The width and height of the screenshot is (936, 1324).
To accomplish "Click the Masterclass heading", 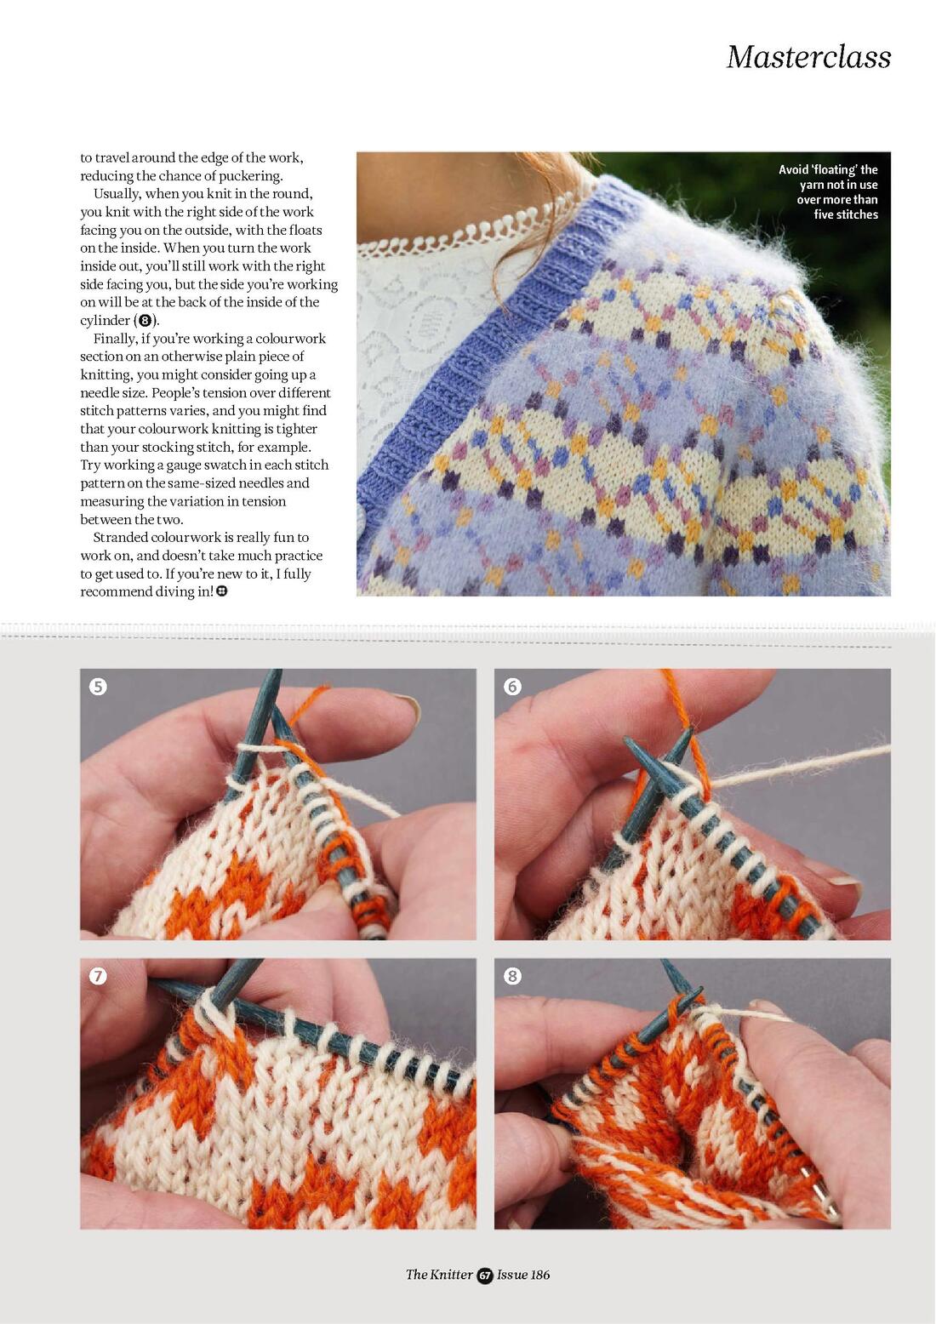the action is [x=808, y=57].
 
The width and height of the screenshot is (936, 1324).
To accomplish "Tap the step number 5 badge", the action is [x=98, y=686].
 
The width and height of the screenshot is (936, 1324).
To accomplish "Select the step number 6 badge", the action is [x=512, y=686].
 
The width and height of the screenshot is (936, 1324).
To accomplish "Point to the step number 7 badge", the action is [x=98, y=976].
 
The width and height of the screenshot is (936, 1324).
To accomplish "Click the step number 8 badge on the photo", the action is [x=512, y=976].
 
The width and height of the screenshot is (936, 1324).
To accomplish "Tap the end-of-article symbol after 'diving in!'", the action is [x=221, y=591].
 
